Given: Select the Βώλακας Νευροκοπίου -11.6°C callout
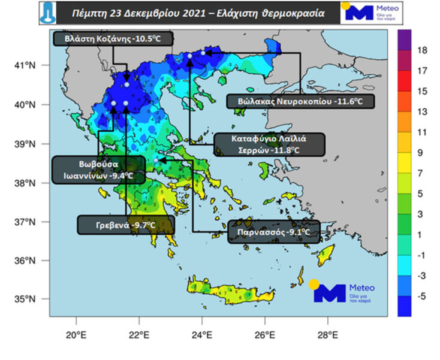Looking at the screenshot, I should tap(300, 101).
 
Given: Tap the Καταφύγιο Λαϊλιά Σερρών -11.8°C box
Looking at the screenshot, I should tap(269, 144).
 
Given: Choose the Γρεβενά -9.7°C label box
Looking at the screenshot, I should tap(126, 225).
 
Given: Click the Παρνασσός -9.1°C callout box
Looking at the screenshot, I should tap(274, 231).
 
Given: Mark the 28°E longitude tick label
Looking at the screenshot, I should tap(328, 334).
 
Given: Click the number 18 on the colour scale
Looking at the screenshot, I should tap(422, 50).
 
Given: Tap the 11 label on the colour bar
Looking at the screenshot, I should tap(422, 131).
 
